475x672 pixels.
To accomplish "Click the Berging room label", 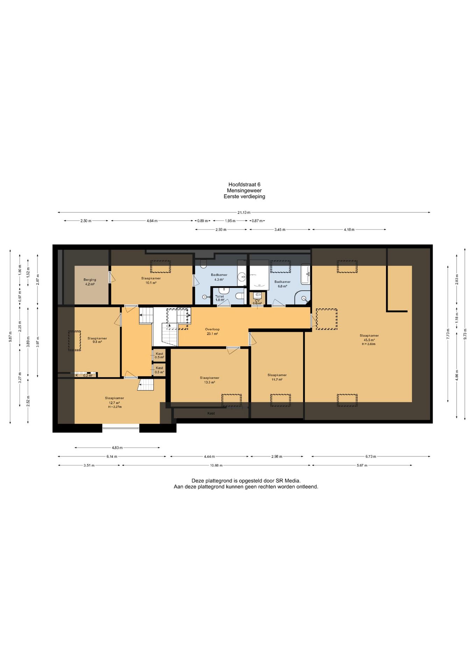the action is [90, 280].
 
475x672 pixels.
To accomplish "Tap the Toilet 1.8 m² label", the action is [220, 298].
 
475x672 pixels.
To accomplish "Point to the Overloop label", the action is [212, 329].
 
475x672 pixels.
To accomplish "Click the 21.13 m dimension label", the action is [244, 212].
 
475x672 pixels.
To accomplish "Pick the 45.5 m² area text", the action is [369, 340].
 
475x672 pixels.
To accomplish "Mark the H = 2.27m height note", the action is [115, 407].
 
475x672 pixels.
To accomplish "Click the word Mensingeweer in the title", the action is [244, 191].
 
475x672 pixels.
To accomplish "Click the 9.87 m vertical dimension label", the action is [10, 337].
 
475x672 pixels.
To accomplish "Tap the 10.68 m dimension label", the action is [216, 465].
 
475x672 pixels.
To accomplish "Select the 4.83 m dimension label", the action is [117, 448].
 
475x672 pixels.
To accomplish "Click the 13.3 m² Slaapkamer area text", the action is [210, 382].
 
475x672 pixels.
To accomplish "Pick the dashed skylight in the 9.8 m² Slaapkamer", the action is [75, 341].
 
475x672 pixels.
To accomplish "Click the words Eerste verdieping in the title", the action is [244, 197].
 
